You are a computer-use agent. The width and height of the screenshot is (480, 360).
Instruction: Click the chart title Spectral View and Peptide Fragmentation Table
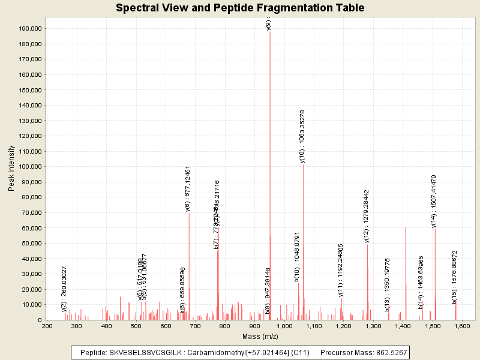(240, 8)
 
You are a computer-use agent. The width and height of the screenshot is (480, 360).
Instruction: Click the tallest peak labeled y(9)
(270, 174)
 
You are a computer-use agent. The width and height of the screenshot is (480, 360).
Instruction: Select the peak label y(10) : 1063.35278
(303, 136)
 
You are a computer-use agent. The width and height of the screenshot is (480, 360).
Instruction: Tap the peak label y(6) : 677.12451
(188, 188)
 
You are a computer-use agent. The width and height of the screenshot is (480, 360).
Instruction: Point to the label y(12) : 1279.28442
(367, 216)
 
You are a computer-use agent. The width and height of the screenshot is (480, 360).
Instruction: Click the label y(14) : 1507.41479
(434, 201)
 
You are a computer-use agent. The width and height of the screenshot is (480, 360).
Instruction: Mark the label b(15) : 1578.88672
(455, 277)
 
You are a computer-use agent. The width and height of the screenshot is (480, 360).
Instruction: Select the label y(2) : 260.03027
(64, 289)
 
